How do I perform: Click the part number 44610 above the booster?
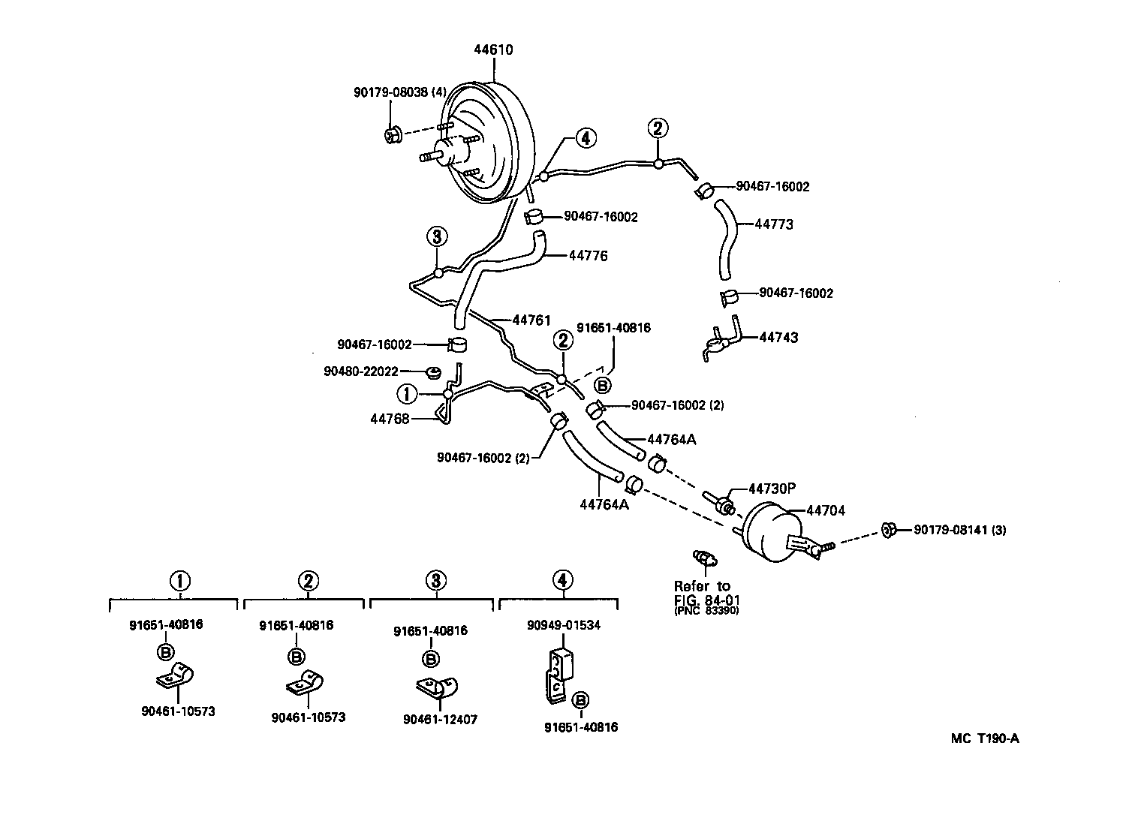493,50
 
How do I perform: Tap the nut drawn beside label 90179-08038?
391,135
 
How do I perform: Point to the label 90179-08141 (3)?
959,530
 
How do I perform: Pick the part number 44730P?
771,489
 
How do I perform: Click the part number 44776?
588,256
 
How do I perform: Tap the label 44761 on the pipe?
531,320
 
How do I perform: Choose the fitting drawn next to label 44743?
722,340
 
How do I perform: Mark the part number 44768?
390,419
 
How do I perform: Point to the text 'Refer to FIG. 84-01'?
702,592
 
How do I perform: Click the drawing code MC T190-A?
985,738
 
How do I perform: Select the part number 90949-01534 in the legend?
562,625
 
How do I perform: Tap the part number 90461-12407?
440,720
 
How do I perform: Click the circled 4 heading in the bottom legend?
562,580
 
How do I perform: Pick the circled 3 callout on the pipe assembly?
437,237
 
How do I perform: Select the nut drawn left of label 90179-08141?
887,530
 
